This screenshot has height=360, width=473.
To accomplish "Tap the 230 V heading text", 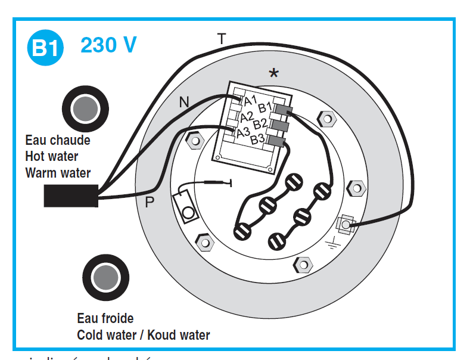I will pos(108,45).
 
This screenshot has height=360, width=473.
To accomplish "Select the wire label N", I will pos(185,103).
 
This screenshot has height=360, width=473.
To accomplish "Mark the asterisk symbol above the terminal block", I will pos(273,73).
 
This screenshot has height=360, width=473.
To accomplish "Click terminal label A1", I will pos(250,100).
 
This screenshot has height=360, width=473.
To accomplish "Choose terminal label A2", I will pos(247,116).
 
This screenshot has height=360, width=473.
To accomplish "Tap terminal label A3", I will pos(243,132).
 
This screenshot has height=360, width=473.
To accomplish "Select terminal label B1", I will pos(265,108).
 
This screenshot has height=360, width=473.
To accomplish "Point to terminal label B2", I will pos(260,124).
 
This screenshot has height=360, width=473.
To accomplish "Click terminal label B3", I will pos(257,139).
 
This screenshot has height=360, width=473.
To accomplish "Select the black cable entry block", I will pos(70,195).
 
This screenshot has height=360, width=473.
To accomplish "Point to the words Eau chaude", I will pos(58,141).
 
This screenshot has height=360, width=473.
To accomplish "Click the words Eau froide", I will pos(105,318).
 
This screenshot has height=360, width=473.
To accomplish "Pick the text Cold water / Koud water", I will pos(143,335).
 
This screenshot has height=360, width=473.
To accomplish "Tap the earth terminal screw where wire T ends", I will pos(345,225).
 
